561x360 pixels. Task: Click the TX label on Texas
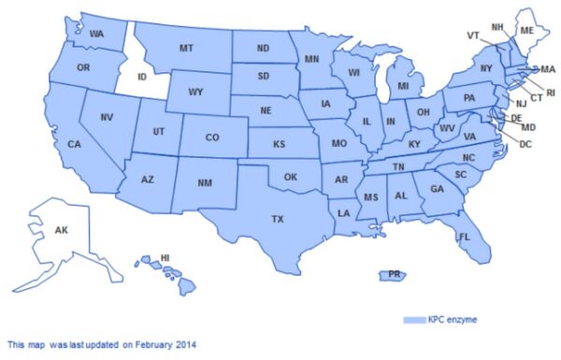click(x=278, y=219)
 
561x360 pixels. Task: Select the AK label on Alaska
click(x=61, y=230)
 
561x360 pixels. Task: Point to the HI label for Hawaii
click(x=165, y=257)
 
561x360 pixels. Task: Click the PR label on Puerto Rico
click(x=395, y=275)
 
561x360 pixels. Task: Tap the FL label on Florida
click(x=463, y=238)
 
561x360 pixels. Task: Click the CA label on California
click(x=73, y=144)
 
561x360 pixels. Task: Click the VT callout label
click(x=473, y=35)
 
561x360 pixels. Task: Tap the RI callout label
click(x=550, y=93)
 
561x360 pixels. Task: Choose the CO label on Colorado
click(x=211, y=137)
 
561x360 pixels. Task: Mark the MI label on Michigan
click(x=403, y=86)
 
